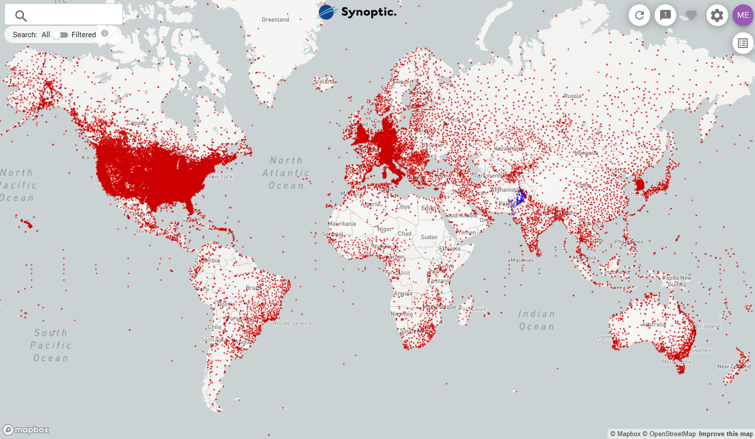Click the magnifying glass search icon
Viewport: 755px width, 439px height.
[21, 16]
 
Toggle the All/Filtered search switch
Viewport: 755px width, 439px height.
[60, 35]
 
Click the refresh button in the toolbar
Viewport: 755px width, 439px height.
[639, 15]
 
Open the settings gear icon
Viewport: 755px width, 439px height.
[717, 15]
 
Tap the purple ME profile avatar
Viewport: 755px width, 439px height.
[743, 15]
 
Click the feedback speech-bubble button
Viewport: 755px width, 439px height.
[665, 15]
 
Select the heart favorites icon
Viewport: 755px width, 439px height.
[691, 15]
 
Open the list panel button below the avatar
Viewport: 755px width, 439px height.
[743, 43]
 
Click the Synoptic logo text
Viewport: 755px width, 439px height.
[368, 12]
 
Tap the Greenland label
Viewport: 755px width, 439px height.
[275, 20]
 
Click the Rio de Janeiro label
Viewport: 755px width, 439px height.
[292, 323]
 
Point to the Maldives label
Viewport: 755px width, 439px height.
[522, 260]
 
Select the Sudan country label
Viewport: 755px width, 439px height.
[429, 237]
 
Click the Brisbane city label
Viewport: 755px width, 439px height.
[708, 326]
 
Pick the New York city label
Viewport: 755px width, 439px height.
[220, 177]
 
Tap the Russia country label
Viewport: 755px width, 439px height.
[572, 96]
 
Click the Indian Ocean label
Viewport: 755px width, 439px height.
[537, 320]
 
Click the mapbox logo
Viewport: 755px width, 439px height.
[26, 430]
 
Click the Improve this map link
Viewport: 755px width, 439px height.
[726, 434]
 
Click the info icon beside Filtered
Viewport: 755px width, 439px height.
[104, 34]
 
